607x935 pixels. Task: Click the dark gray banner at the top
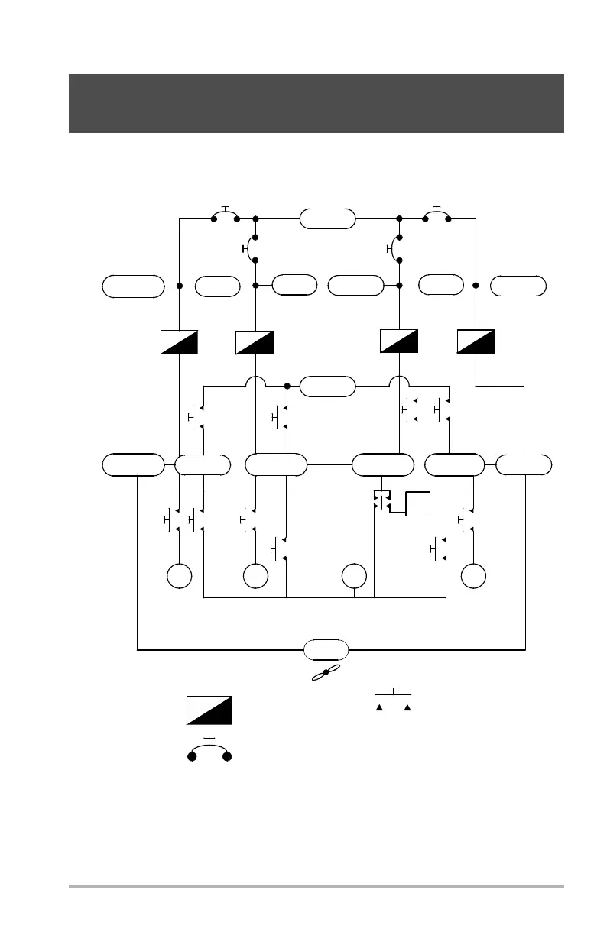pos(316,103)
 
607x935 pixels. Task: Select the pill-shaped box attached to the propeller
pos(326,650)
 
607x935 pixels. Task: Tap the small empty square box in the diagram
pos(418,504)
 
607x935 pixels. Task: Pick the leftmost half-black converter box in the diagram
pos(180,341)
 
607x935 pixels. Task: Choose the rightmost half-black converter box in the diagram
pos(476,341)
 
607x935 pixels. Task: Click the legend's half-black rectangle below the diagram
pos(209,710)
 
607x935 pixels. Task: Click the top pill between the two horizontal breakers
pos(328,218)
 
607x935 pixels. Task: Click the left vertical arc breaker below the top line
pos(252,249)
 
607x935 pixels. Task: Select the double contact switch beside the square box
pos(381,501)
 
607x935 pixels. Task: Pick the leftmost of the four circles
pos(180,575)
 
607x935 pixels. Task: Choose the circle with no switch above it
pos(354,575)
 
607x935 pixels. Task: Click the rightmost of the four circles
pos(474,575)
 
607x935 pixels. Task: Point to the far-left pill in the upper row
pos(133,286)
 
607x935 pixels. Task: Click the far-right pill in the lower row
pos(524,464)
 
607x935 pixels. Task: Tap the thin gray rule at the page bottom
pos(316,887)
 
